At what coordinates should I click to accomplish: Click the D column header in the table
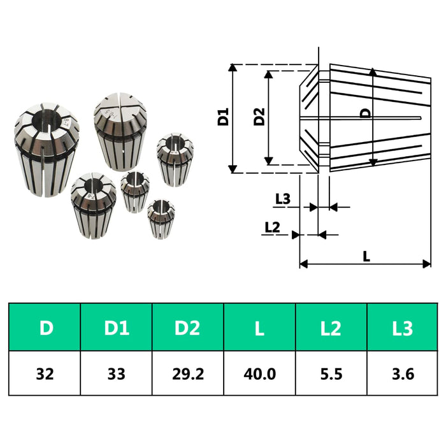click(46, 328)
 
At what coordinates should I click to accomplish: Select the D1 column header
click(117, 328)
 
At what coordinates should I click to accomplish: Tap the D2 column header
click(188, 328)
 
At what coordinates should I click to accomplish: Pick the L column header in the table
click(259, 328)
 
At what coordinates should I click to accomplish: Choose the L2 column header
click(331, 328)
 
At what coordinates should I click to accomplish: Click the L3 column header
click(403, 328)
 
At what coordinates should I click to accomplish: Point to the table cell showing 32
click(46, 373)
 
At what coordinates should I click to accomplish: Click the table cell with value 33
click(117, 373)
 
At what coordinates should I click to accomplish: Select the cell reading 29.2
click(188, 373)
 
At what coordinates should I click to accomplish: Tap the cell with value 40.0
click(259, 373)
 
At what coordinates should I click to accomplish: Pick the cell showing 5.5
click(331, 373)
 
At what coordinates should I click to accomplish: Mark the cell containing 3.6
click(403, 373)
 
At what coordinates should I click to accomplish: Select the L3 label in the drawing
click(282, 199)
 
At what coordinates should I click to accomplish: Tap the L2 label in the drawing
click(272, 227)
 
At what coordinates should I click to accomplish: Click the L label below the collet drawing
click(366, 256)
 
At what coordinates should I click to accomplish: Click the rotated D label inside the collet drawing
click(365, 113)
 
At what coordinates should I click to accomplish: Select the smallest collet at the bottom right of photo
click(160, 219)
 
